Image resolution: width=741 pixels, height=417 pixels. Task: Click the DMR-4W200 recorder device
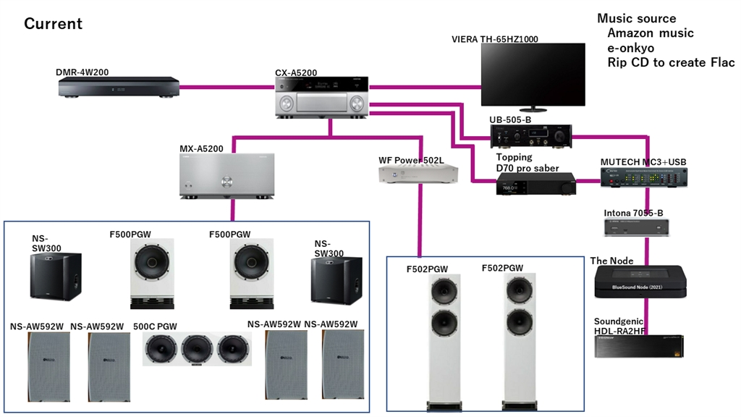coord(119,88)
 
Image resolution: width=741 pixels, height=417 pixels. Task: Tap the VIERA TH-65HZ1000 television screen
coord(533,75)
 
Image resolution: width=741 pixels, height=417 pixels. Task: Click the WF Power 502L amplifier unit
coord(418,174)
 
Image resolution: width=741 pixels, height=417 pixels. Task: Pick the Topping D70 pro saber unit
coord(536,184)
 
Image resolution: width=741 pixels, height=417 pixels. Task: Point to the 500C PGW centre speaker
coord(197,349)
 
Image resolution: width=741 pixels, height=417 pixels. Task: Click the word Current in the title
coord(53,24)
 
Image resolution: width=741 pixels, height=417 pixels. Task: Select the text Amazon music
coord(650,33)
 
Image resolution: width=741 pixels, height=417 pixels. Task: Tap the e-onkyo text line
coord(630,48)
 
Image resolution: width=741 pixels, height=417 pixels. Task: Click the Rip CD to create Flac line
coord(670,63)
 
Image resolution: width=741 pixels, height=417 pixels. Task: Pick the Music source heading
coord(636,19)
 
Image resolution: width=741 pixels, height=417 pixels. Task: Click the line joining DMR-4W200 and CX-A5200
coord(226,88)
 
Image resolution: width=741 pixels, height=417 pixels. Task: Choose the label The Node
coord(611,261)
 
